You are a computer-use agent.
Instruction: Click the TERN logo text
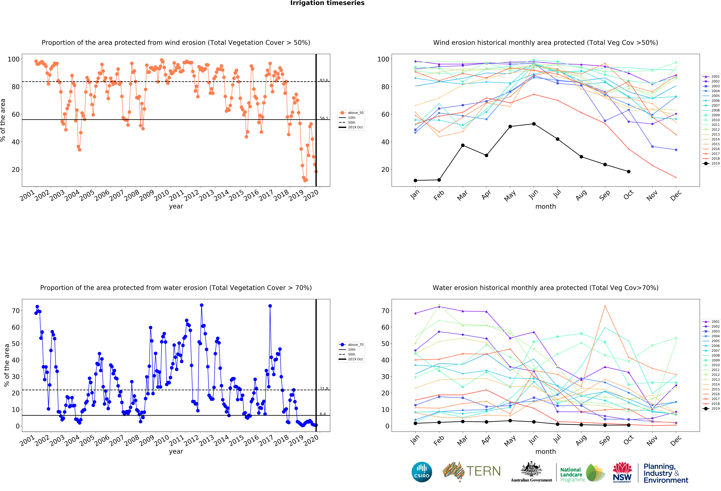tap(483, 471)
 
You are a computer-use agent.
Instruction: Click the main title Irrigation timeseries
tap(327, 3)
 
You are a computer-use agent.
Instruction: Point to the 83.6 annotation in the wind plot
tap(324, 80)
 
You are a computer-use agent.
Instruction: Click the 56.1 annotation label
tap(324, 118)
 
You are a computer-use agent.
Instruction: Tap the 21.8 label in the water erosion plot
tap(324, 388)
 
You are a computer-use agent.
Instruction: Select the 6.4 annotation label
tap(323, 414)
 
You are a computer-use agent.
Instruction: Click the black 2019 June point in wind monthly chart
tap(534, 124)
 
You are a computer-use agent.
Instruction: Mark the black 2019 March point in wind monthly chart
tap(463, 145)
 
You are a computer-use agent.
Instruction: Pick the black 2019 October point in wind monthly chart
tap(629, 171)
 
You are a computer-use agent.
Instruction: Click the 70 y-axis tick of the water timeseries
tap(16, 311)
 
